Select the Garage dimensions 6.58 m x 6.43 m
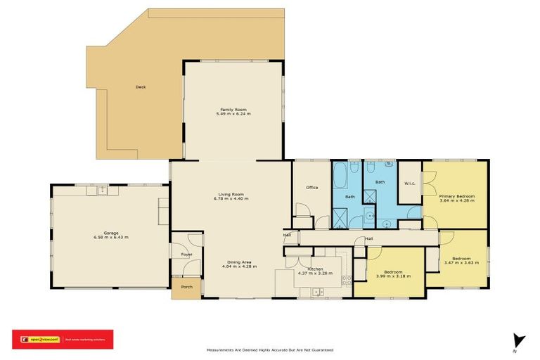(111, 238)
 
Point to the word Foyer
(187, 254)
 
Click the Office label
(312, 188)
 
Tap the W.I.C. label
(410, 184)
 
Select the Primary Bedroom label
(457, 196)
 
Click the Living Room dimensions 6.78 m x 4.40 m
(231, 199)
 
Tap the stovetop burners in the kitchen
(345, 281)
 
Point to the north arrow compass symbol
(519, 340)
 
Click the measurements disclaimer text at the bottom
(269, 349)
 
